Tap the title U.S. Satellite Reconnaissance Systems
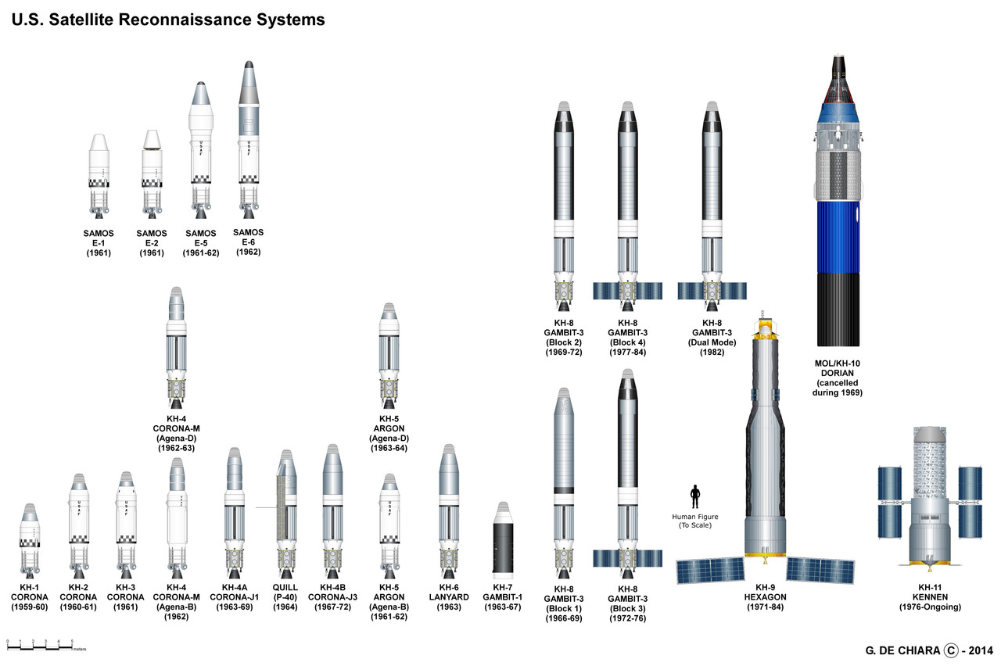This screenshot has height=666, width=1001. [167, 20]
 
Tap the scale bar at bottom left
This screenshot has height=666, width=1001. [39, 646]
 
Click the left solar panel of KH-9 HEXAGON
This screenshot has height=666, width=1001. [711, 571]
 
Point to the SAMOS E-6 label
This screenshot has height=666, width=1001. [249, 242]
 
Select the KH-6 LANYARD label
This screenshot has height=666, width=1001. [448, 596]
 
